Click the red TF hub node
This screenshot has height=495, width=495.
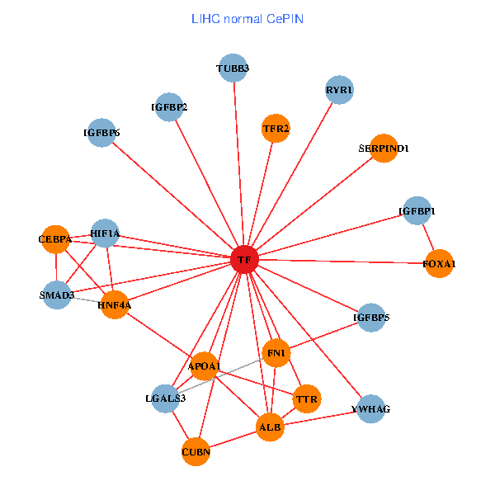point(245,260)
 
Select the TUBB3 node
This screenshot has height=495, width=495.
point(233,68)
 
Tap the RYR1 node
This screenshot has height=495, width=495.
point(339,90)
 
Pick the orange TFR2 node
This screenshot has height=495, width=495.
point(276,128)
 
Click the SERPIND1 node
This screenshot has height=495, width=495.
point(384,148)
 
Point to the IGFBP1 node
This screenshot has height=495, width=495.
point(417,210)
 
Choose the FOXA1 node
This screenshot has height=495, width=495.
point(440,263)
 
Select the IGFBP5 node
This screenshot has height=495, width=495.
point(371,318)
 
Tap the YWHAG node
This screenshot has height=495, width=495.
point(371,409)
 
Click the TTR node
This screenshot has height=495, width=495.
point(307,399)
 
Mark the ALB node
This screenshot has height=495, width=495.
point(270,427)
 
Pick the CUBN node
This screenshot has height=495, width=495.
point(196,452)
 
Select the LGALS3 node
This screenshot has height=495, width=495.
point(166,398)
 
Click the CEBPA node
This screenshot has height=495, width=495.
point(55,239)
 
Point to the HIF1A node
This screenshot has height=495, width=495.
point(105,233)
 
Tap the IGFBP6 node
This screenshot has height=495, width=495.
point(101,133)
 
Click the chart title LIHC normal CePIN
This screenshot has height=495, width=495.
point(247,19)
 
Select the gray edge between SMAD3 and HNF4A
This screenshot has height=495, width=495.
point(86,300)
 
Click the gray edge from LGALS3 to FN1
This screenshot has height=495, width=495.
point(220,375)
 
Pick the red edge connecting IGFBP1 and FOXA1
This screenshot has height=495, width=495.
point(428,237)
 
